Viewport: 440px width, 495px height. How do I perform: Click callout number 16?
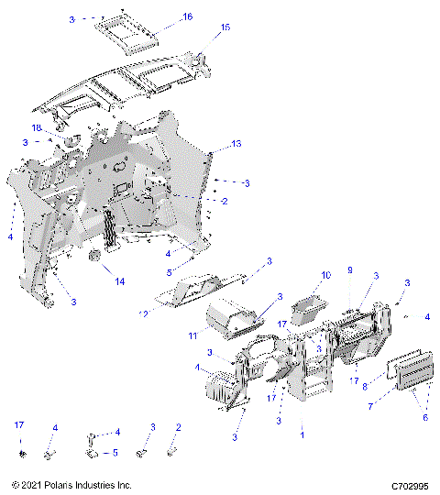tap(188, 17)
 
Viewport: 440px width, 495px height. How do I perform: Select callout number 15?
tap(225, 27)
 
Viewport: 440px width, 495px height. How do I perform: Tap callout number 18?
tap(38, 127)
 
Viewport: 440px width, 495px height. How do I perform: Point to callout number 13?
tap(236, 145)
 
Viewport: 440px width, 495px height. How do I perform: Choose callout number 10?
tap(324, 275)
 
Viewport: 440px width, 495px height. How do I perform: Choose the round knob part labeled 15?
tap(194, 60)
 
